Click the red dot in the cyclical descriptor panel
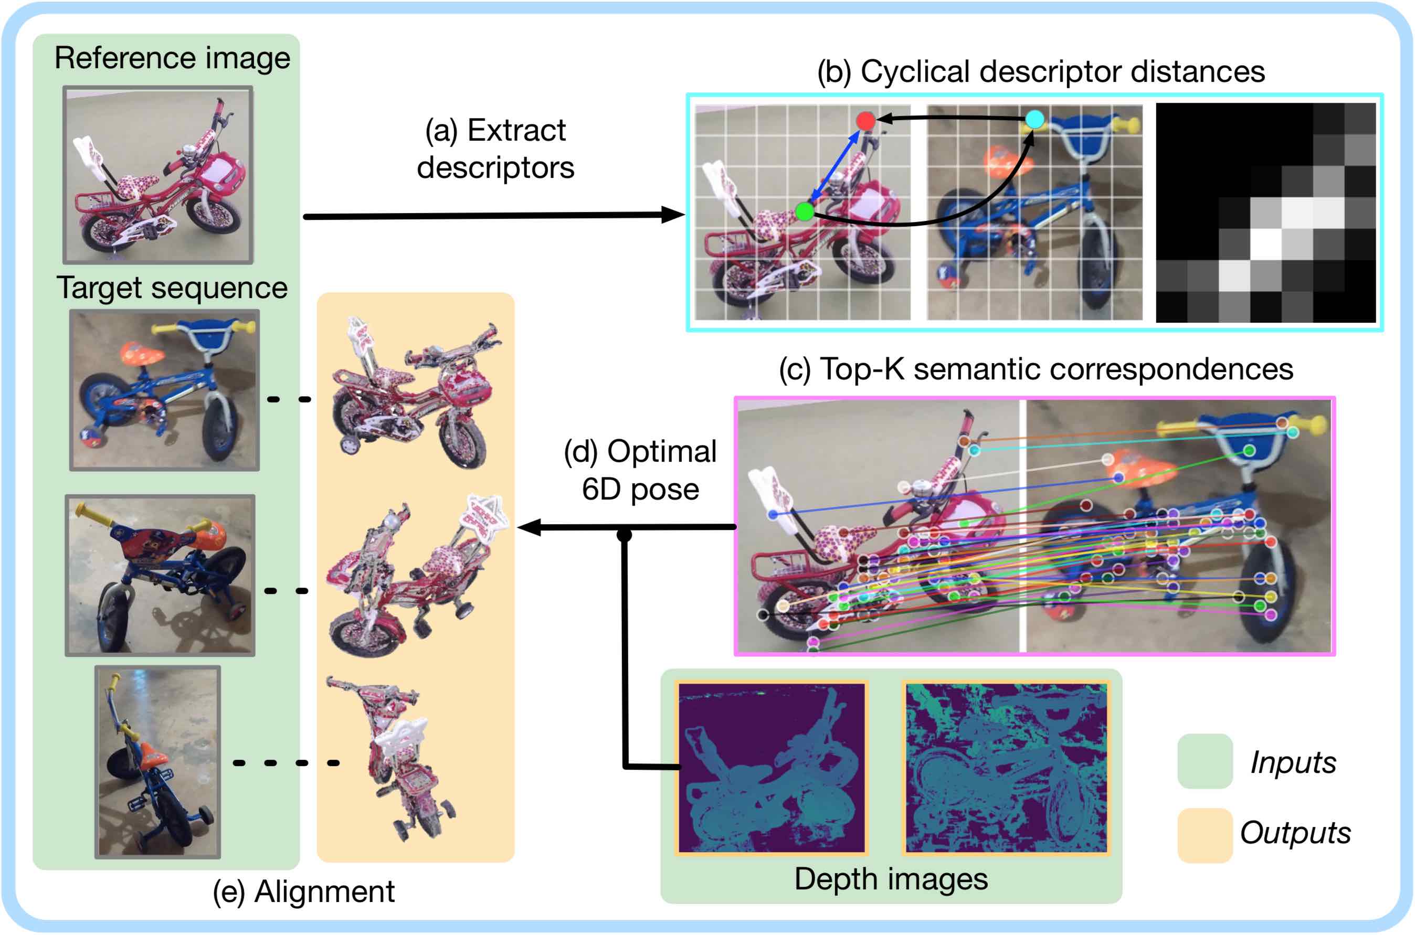point(865,121)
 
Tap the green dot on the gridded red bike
point(805,211)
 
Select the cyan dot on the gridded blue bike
point(1034,119)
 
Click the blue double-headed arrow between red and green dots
point(834,166)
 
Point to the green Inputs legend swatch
point(1205,761)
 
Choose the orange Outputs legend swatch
point(1205,835)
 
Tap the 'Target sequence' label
point(172,288)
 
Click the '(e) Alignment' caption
point(304,892)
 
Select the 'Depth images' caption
point(891,879)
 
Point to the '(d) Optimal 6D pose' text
point(640,470)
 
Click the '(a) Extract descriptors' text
point(495,148)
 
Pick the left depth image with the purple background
point(772,768)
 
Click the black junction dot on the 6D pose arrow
point(624,535)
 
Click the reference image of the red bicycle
point(158,175)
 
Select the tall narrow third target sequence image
point(157,762)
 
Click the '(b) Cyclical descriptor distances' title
point(1040,71)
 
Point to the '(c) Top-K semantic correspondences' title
point(1036,369)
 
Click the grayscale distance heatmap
point(1265,213)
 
